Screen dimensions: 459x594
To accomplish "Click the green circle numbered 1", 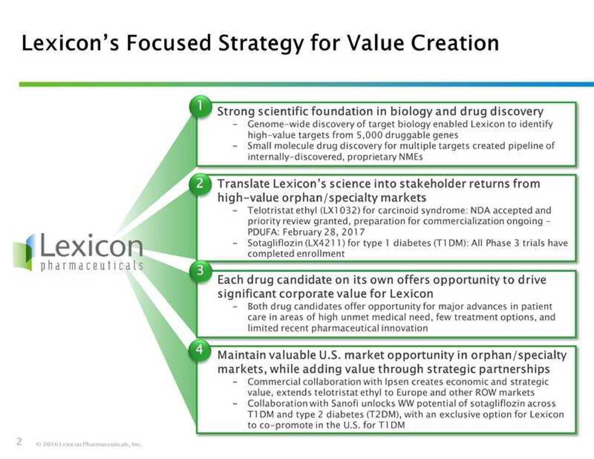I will point(200,106).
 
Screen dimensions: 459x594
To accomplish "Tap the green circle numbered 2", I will point(200,183).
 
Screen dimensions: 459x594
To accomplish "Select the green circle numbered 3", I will point(200,270).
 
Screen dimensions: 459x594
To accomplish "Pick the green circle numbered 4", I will point(200,349).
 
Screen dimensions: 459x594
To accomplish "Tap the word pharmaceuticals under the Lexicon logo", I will point(92,266).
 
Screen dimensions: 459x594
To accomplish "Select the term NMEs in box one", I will point(411,157).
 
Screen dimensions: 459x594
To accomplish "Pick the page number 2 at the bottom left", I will point(19,441).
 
